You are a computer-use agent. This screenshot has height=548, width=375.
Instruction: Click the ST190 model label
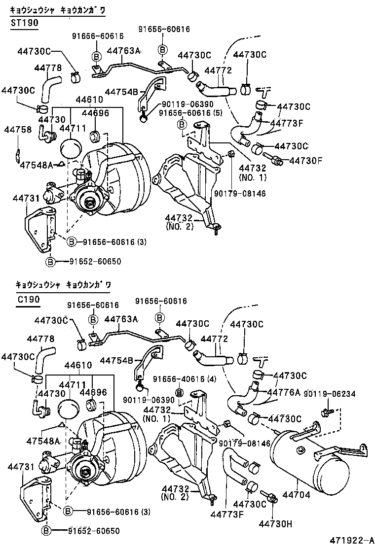pos(24,23)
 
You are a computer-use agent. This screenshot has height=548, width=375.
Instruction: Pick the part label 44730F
pos(305,160)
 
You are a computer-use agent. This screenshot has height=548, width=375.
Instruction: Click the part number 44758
pos(18,130)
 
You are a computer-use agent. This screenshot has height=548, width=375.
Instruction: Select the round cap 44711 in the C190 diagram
pos(69,409)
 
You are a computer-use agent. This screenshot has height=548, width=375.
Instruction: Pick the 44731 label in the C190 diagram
pos(19,466)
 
